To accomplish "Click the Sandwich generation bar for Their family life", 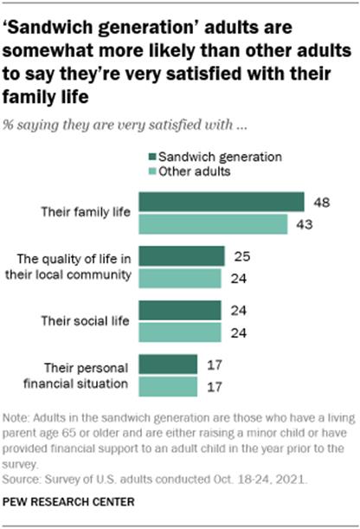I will [x=221, y=203].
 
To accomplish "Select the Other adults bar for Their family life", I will [x=212, y=225].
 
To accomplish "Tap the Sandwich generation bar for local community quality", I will [x=181, y=256].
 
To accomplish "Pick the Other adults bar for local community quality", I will [x=179, y=279].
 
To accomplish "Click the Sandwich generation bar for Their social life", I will [x=179, y=310].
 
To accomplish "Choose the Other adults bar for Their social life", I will [x=179, y=332].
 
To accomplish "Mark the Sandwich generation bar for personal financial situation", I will [x=168, y=364].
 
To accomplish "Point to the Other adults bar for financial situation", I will [x=168, y=386].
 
